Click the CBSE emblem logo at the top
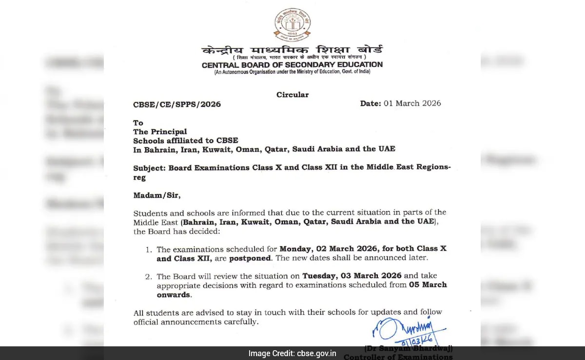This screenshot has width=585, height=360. click(x=292, y=24)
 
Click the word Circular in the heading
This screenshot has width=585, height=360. click(x=292, y=95)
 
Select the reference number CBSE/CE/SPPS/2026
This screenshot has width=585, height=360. click(x=177, y=104)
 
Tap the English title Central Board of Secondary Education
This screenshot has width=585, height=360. click(x=292, y=64)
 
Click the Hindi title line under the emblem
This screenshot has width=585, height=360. click(x=292, y=50)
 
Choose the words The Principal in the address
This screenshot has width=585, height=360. click(x=160, y=132)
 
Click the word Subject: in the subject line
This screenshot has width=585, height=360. click(x=150, y=168)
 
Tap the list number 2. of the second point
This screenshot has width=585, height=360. click(x=149, y=277)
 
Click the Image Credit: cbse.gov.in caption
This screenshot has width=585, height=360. click(x=292, y=354)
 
